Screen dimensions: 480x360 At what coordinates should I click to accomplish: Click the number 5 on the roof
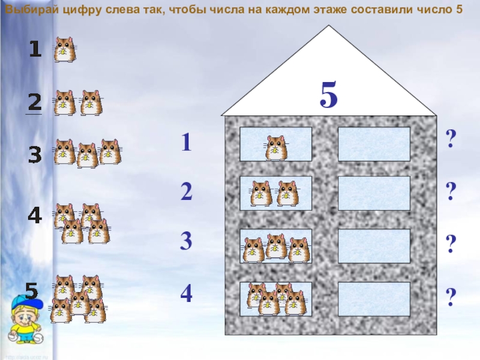pyautogui.click(x=328, y=95)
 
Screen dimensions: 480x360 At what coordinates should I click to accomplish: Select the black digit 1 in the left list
pyautogui.click(x=35, y=49)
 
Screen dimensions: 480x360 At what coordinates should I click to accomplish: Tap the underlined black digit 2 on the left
pyautogui.click(x=35, y=102)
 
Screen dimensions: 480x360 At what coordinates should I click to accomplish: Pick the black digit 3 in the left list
pyautogui.click(x=35, y=155)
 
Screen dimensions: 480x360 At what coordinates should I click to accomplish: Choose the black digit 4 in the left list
pyautogui.click(x=35, y=215)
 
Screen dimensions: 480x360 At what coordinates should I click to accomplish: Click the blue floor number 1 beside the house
pyautogui.click(x=186, y=142)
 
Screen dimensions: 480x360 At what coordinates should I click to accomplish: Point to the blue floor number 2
pyautogui.click(x=187, y=191)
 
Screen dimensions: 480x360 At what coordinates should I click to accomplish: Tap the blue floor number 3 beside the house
pyautogui.click(x=186, y=241)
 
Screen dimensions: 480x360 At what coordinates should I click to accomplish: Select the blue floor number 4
pyautogui.click(x=187, y=293)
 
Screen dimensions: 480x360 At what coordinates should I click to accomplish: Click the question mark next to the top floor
pyautogui.click(x=451, y=139)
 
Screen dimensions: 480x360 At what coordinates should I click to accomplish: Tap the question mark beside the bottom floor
pyautogui.click(x=451, y=296)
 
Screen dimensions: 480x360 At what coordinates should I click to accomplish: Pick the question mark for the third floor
pyautogui.click(x=451, y=244)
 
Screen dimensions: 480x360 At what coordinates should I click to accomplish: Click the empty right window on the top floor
pyautogui.click(x=374, y=144)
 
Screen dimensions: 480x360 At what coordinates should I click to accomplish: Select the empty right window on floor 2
pyautogui.click(x=374, y=193)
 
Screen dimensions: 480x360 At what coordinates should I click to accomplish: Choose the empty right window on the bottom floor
pyautogui.click(x=374, y=299)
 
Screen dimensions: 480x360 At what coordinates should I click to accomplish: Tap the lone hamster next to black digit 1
pyautogui.click(x=65, y=50)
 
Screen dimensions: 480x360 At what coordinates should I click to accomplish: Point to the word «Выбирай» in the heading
pyautogui.click(x=32, y=10)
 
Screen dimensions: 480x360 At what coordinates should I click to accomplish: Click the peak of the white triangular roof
pyautogui.click(x=329, y=25)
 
